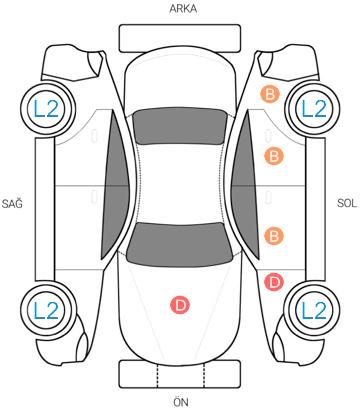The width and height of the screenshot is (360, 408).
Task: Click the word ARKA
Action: (x=183, y=9)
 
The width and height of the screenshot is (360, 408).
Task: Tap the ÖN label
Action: (x=181, y=402)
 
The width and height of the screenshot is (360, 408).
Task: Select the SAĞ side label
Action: (x=12, y=202)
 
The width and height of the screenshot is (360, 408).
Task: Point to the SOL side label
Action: (x=347, y=203)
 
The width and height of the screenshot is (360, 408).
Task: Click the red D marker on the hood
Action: (x=180, y=305)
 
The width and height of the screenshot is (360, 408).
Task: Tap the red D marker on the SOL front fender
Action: (x=274, y=282)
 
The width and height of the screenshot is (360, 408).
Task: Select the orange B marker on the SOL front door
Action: (x=274, y=236)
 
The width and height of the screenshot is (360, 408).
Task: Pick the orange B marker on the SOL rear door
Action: (x=274, y=156)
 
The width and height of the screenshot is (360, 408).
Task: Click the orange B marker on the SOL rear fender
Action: (x=270, y=94)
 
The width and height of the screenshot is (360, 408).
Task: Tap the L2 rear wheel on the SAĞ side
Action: (x=47, y=109)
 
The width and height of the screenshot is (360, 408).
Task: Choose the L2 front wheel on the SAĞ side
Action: (x=47, y=310)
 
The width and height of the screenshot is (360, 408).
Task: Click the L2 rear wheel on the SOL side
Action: (x=313, y=108)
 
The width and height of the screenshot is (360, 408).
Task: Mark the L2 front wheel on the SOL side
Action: (x=313, y=310)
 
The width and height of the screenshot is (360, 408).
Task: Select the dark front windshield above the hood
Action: (x=180, y=244)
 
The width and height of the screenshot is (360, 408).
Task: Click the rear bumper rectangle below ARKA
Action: (x=180, y=38)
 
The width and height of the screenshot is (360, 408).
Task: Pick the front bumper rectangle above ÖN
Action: (x=180, y=374)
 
